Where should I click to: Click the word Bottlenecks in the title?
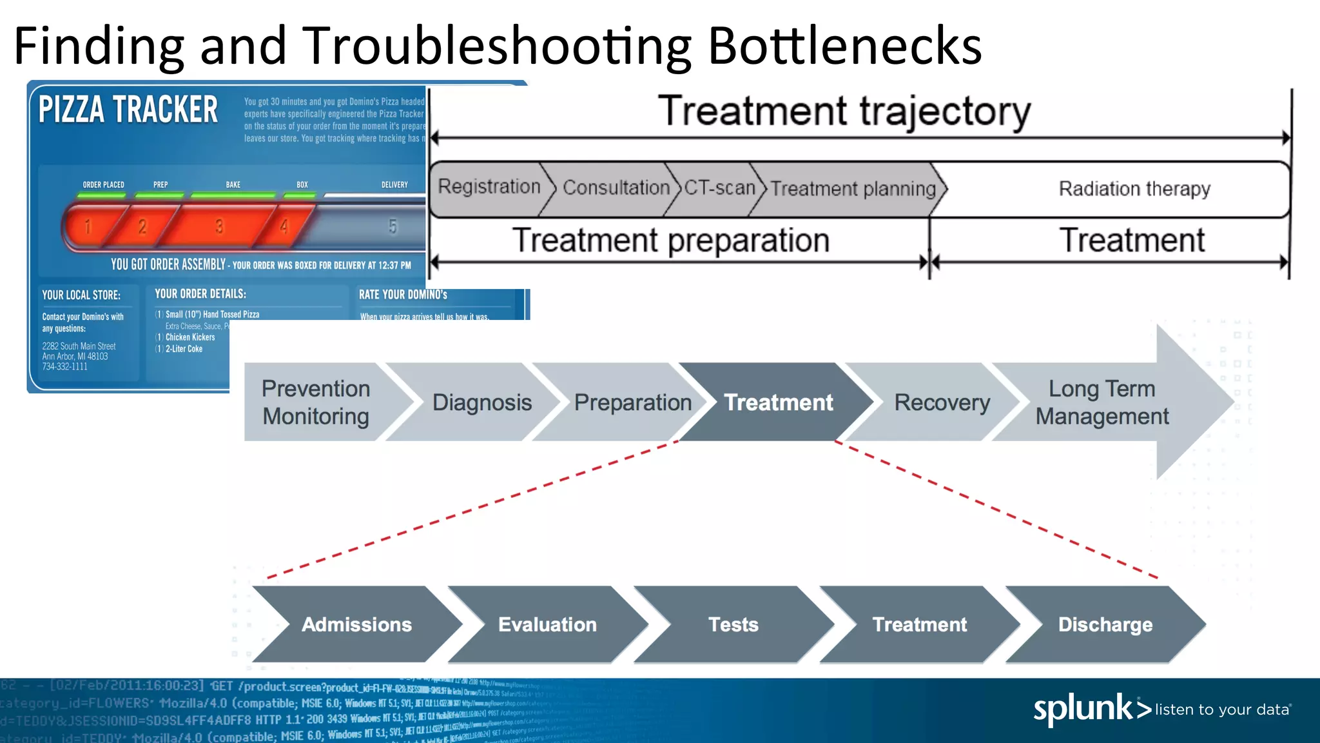click(844, 46)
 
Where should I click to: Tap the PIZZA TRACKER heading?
click(128, 109)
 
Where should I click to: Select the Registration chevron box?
click(489, 187)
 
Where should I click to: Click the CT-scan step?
click(719, 188)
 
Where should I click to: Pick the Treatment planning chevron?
click(852, 189)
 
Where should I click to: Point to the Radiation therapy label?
click(1134, 189)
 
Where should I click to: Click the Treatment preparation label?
click(670, 241)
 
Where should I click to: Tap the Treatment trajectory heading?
click(844, 111)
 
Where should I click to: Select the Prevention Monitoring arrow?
click(316, 402)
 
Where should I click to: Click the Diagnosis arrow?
click(481, 402)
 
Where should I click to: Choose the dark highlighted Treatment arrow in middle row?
click(778, 402)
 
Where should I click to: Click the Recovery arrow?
click(942, 402)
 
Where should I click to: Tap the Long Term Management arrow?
click(1102, 402)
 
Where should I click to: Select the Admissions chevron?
click(356, 624)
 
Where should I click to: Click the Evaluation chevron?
click(547, 624)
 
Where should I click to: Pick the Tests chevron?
click(733, 624)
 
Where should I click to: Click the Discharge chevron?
click(1105, 624)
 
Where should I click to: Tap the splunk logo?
click(1089, 709)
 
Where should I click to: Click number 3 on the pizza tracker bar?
click(219, 226)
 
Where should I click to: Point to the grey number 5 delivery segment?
click(393, 226)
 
